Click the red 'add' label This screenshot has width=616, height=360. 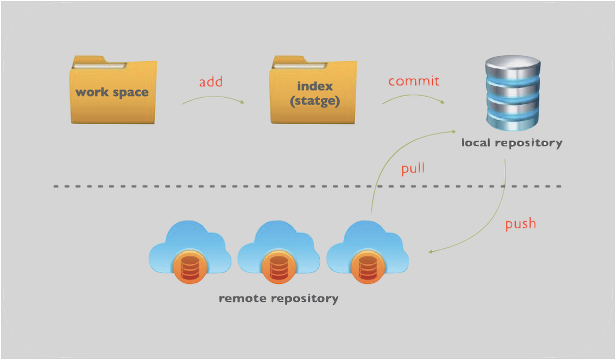point(211,82)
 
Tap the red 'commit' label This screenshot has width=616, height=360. point(414,81)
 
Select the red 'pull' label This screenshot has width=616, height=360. point(413,168)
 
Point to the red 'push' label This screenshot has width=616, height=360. point(520,224)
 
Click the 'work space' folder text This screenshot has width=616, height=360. point(112,92)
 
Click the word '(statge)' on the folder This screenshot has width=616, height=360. point(315,101)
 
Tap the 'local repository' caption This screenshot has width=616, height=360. point(512,143)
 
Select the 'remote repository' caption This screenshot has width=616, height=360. point(278,298)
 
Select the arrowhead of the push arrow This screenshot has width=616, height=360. point(431,251)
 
